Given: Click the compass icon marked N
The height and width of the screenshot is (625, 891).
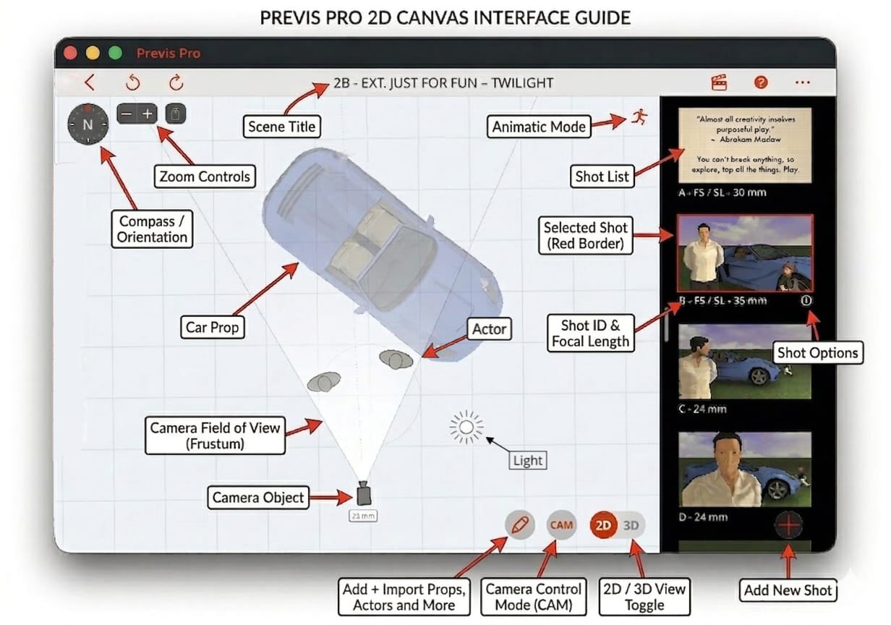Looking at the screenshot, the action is [x=88, y=124].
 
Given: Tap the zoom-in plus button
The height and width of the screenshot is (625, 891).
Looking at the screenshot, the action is [x=148, y=114].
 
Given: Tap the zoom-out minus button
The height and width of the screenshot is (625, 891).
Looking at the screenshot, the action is [x=127, y=114].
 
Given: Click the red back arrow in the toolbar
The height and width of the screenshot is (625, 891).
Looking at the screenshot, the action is [x=90, y=82].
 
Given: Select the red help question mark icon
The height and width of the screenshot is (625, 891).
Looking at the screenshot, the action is [x=760, y=82].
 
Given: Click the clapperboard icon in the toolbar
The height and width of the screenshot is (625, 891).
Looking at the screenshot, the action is [x=719, y=82].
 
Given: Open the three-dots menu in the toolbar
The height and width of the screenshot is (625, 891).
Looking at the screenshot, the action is [x=802, y=82].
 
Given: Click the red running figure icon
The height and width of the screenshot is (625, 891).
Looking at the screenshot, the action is [x=638, y=118].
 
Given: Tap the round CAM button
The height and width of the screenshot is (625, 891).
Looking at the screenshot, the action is [x=561, y=525].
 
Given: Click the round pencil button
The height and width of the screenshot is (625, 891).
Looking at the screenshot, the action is [x=519, y=525].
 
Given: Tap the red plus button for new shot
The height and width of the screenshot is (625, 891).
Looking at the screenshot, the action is [x=788, y=524].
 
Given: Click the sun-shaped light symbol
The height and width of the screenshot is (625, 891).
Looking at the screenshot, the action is [x=466, y=428].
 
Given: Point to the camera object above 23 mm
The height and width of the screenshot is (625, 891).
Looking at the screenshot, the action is [x=364, y=494].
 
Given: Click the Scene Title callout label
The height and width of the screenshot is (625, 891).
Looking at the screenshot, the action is [x=281, y=127].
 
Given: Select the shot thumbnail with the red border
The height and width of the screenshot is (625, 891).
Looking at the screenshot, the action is [x=745, y=252].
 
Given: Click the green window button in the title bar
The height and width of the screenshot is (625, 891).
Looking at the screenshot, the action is [x=115, y=53].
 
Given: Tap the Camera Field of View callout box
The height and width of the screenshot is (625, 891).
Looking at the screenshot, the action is [x=214, y=435].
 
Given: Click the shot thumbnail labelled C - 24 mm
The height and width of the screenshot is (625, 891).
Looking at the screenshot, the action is [x=745, y=362].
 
